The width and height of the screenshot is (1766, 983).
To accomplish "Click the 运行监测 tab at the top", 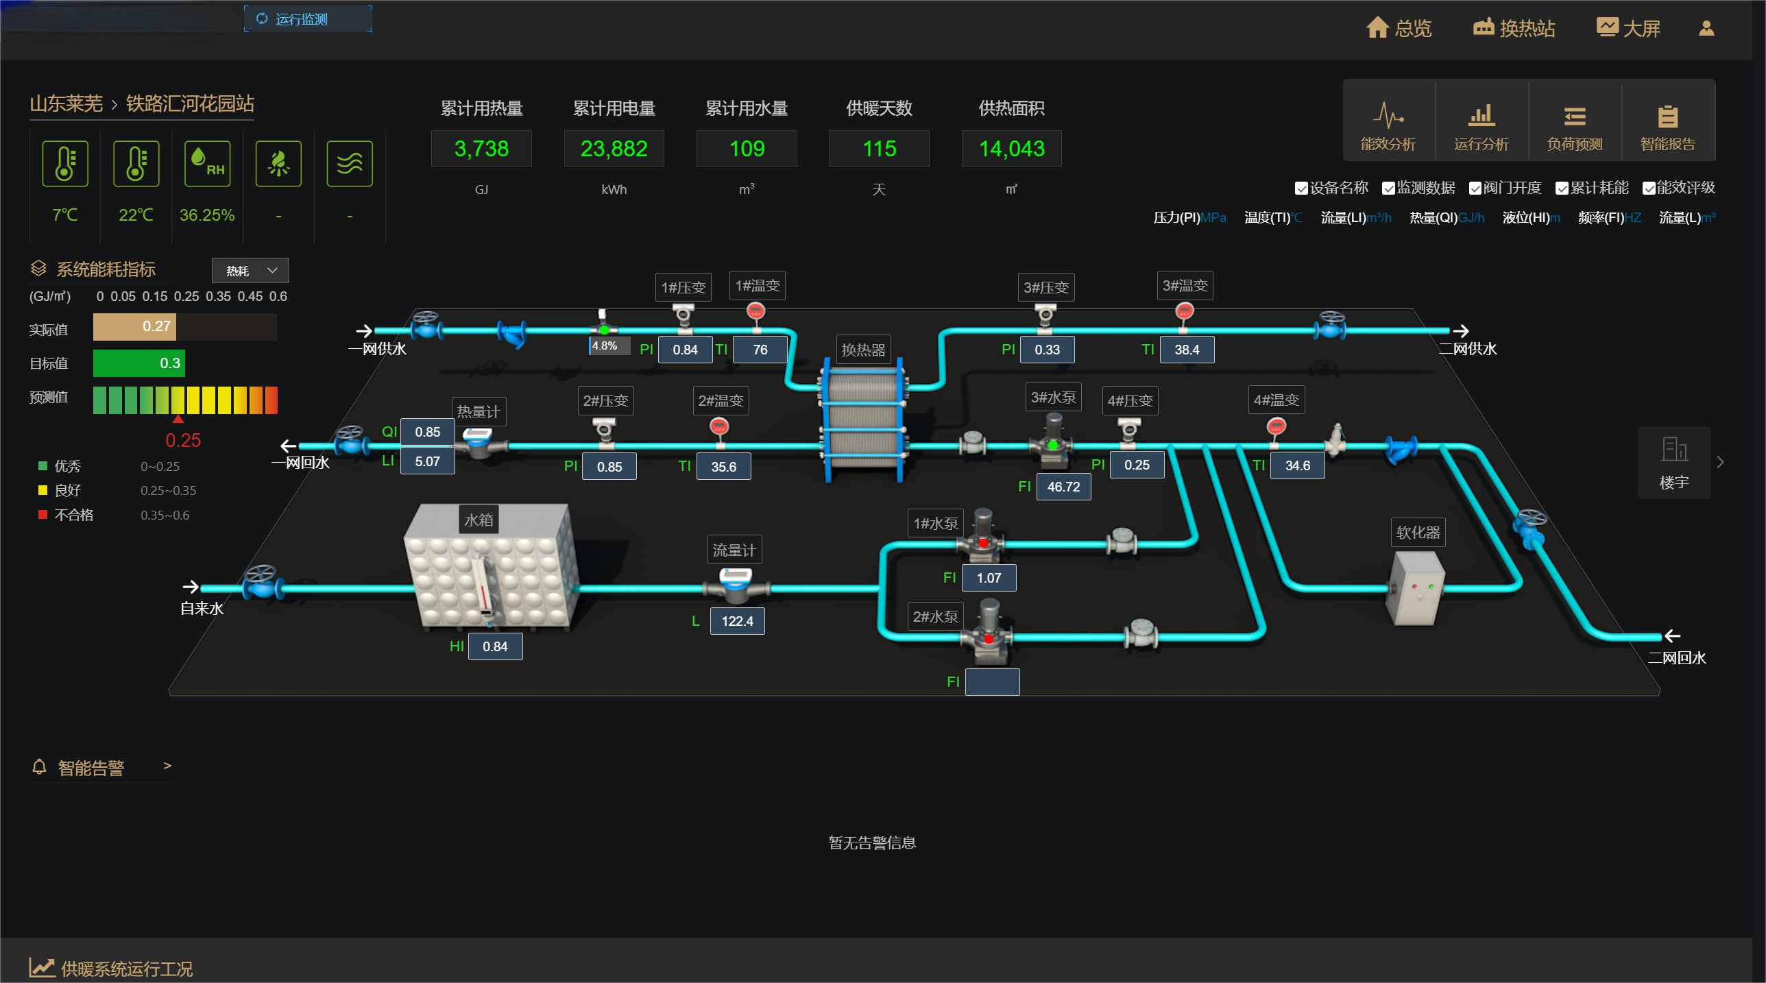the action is tap(308, 19).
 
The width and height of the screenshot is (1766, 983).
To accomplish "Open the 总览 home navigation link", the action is tap(1399, 28).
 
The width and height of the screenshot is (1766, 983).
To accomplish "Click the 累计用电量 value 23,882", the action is tap(614, 149).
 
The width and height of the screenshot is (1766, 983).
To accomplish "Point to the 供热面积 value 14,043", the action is tap(1011, 149).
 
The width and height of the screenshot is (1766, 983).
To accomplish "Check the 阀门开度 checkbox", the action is tap(1475, 189).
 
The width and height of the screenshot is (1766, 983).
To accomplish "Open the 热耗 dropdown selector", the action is tap(250, 271).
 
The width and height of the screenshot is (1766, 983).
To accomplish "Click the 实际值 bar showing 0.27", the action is tap(134, 327).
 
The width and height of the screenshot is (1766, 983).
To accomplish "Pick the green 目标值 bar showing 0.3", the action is tap(138, 363).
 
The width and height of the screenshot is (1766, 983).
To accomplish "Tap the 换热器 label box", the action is tap(863, 350).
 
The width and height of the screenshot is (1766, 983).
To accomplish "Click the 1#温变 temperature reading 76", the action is tap(760, 350).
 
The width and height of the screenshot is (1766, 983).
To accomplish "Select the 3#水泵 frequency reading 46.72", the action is tap(1063, 487).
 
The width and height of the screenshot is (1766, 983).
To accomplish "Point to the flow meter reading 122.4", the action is tap(737, 621).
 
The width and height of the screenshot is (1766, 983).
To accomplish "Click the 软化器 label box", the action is tap(1418, 533).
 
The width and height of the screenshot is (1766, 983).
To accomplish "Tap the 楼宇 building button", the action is tap(1673, 463).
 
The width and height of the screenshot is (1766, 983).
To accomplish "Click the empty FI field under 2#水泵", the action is tap(992, 682).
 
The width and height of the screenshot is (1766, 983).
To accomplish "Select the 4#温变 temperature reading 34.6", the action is tap(1297, 465).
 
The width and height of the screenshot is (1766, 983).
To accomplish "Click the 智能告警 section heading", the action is tap(91, 768).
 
